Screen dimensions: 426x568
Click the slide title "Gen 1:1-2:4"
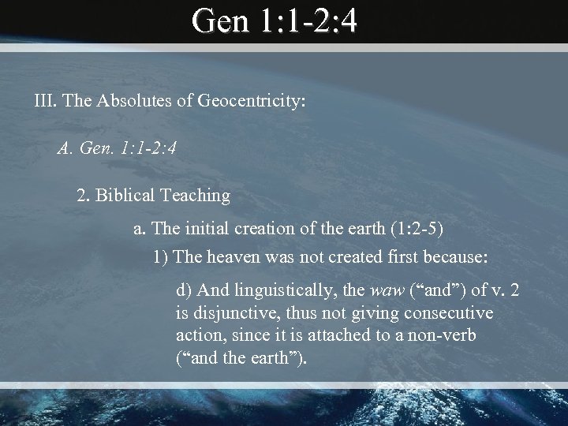coord(275,22)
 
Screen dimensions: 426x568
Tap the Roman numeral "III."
coord(46,101)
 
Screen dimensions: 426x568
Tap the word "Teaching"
coord(196,194)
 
